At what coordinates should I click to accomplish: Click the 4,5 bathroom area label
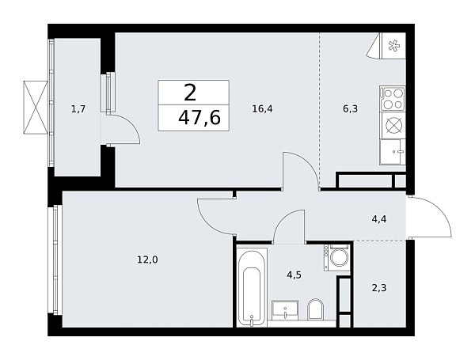tap(293, 276)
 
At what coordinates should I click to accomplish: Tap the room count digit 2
tap(190, 93)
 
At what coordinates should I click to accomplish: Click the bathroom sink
tap(283, 309)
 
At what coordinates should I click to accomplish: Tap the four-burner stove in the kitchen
tap(393, 99)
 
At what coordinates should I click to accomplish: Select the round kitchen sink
tap(393, 125)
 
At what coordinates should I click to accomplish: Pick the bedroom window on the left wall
tap(55, 260)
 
